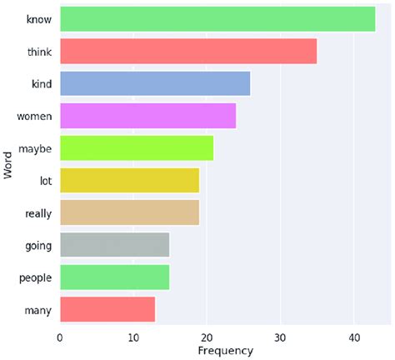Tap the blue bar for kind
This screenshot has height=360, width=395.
pos(155,83)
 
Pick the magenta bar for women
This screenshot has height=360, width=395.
pos(147,116)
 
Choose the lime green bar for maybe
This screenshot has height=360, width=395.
pos(137,148)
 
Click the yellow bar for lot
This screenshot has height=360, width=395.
pos(129,181)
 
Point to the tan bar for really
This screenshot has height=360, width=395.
pos(129,213)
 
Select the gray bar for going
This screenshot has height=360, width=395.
pos(114,246)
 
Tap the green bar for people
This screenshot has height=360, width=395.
pos(114,278)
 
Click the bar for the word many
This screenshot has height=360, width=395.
pos(107,311)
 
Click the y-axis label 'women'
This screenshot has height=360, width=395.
pos(35,116)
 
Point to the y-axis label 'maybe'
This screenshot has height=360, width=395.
pos(35,148)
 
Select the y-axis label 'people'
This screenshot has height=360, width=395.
pos(35,278)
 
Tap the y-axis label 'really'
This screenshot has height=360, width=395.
pos(37,213)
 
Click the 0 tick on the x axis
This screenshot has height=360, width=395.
pos(60,337)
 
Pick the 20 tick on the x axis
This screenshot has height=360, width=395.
pos(207,337)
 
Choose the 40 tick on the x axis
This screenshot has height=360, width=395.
pos(353,337)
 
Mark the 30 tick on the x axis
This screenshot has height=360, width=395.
pos(280,337)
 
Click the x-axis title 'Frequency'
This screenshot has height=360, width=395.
pos(225,352)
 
